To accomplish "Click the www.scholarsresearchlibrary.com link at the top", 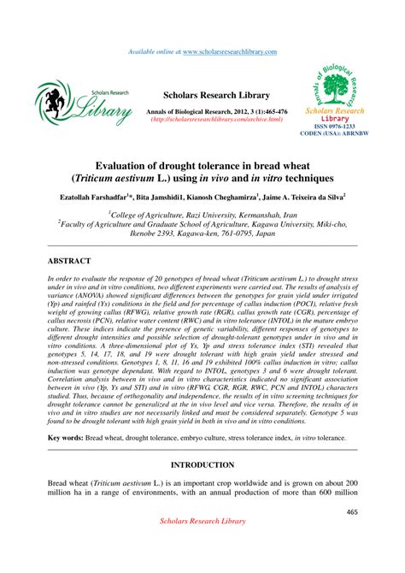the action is click(x=230, y=53).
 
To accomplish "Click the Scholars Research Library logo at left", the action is click(x=84, y=103).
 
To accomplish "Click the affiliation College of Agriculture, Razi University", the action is click(x=202, y=218).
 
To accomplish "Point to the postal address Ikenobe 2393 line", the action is click(x=202, y=242).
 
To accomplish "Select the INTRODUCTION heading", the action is click(x=202, y=465).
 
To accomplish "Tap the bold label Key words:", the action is click(x=67, y=437).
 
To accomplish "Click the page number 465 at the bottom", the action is click(x=352, y=513).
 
